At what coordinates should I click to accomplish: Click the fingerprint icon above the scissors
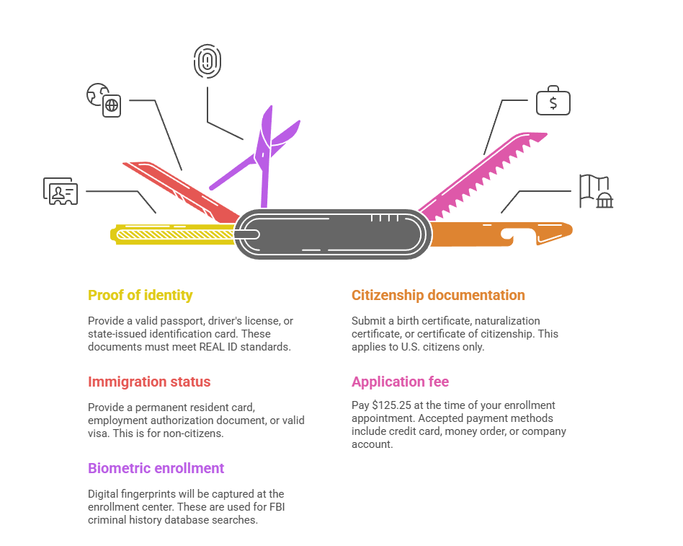pos(207,61)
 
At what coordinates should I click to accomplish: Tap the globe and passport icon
pos(104,100)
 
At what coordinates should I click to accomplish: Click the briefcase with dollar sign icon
pos(553,102)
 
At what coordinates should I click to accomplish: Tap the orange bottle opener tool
pos(504,232)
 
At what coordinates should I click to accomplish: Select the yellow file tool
pos(173,233)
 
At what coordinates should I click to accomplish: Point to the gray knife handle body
pos(331,234)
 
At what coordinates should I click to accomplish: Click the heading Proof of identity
pos(140,295)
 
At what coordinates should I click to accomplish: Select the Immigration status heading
pos(149,382)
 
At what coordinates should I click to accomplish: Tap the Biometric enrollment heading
pos(156,468)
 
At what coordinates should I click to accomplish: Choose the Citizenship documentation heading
pos(438,295)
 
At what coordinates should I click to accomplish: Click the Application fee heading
pos(400,382)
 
